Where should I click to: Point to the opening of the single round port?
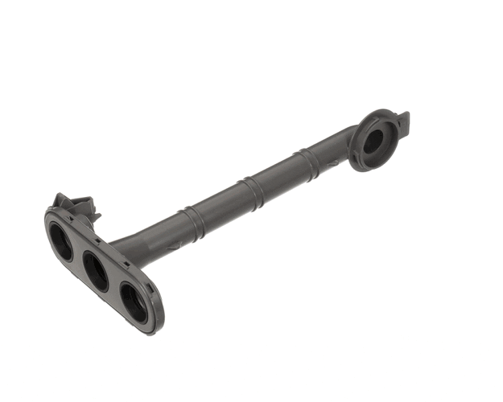[373, 142]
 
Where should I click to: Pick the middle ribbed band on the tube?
[252, 192]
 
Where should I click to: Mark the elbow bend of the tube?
[341, 145]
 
